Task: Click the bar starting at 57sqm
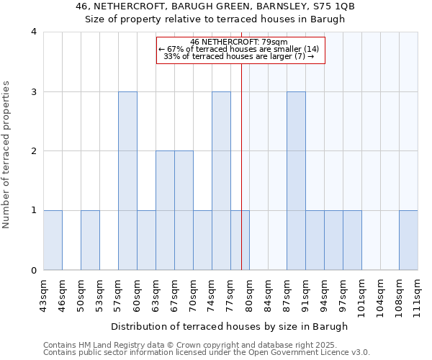[127, 181]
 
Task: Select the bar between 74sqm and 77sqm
[221, 181]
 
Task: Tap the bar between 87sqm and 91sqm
[296, 181]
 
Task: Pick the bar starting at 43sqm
[53, 240]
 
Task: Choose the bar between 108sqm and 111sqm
[408, 240]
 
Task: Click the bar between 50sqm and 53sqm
[90, 240]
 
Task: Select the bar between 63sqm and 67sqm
[165, 210]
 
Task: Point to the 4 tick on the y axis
[33, 32]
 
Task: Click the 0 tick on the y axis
[33, 271]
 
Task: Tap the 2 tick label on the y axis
[33, 151]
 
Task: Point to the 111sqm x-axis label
[418, 294]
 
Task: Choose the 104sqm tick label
[380, 294]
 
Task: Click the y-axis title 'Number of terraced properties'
[7, 155]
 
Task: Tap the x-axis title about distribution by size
[230, 326]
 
